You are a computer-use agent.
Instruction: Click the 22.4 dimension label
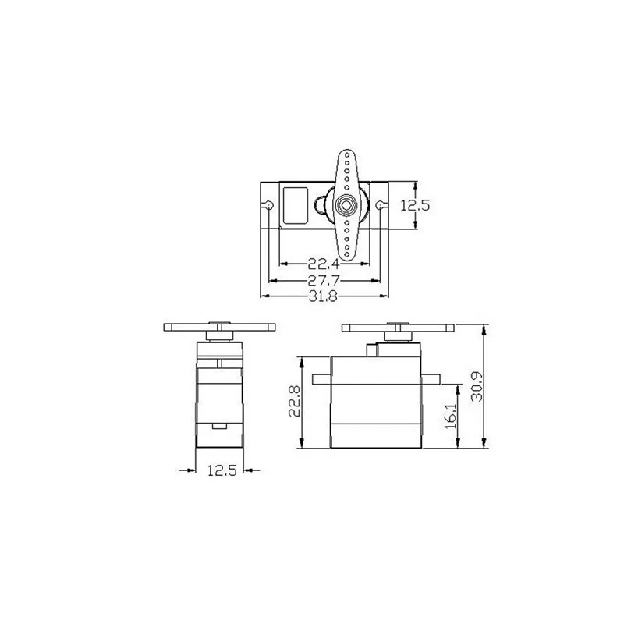pos(324,264)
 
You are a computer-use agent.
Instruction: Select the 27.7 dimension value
pos(324,281)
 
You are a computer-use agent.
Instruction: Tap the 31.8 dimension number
pos(323,296)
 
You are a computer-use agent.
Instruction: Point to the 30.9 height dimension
pos(477,386)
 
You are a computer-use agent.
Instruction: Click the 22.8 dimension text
pos(295,401)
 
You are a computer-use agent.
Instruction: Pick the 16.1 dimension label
pos(451,415)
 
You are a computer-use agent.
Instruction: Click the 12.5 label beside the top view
pos(415,206)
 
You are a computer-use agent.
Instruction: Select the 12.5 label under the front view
pos(222,471)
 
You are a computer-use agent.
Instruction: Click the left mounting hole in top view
pos(269,205)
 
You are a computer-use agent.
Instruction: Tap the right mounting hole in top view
pos(380,205)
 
